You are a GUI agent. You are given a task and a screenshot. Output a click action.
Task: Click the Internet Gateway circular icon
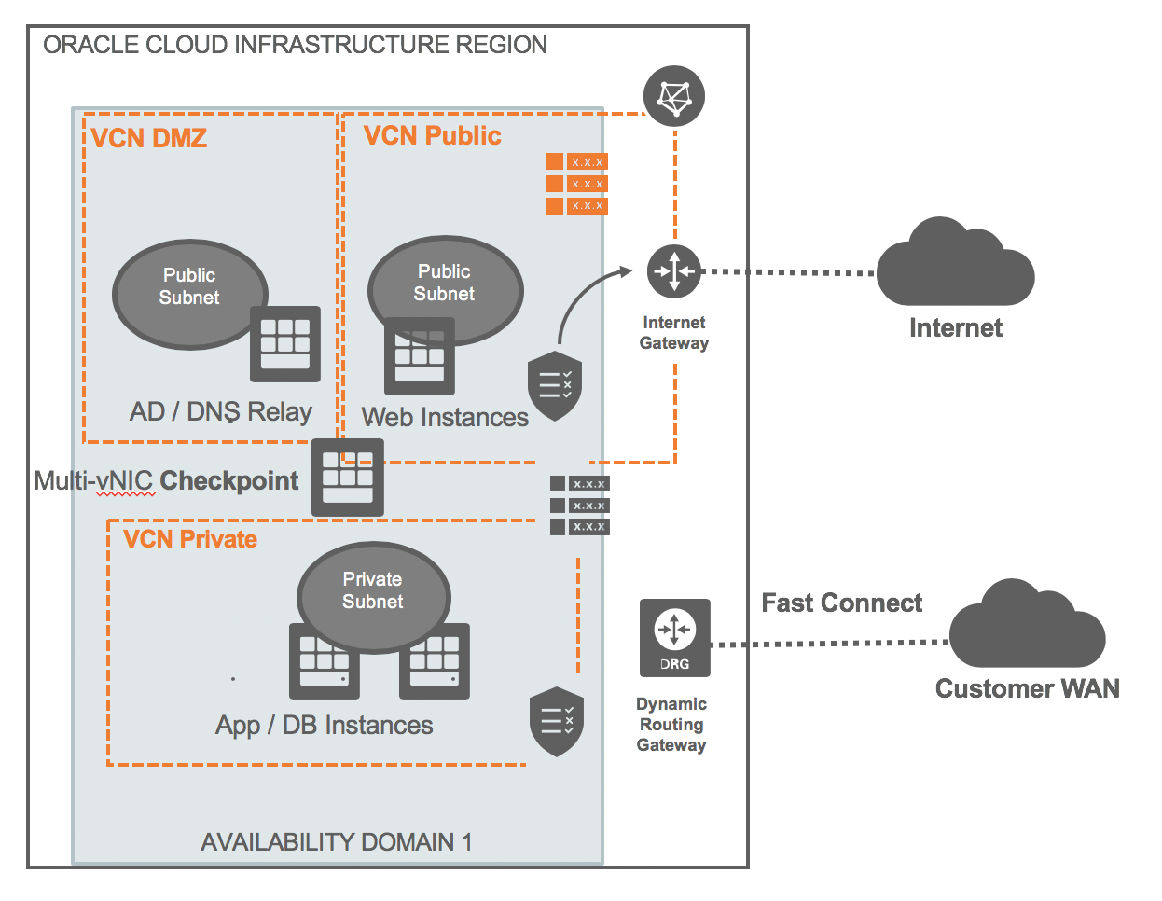coord(673,271)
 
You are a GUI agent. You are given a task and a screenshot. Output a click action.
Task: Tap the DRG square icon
coord(674,638)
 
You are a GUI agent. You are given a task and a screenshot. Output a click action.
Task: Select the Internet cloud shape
coord(955,266)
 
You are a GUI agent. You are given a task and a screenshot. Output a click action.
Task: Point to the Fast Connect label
coord(841,603)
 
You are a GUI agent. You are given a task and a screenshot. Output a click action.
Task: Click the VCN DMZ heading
coord(149,139)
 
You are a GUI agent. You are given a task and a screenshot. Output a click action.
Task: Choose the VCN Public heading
coord(432,136)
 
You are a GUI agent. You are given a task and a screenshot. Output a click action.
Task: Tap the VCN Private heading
coord(190,539)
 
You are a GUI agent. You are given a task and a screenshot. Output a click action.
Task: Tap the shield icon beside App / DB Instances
coord(557,721)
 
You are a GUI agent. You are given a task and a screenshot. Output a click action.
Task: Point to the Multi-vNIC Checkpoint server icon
coord(347,477)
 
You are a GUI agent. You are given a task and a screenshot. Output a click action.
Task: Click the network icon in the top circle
coord(673,97)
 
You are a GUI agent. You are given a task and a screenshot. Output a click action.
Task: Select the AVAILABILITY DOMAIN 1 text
coord(336,842)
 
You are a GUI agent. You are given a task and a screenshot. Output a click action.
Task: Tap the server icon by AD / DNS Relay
coord(284,343)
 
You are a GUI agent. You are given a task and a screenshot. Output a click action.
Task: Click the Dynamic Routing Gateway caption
coord(671,725)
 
